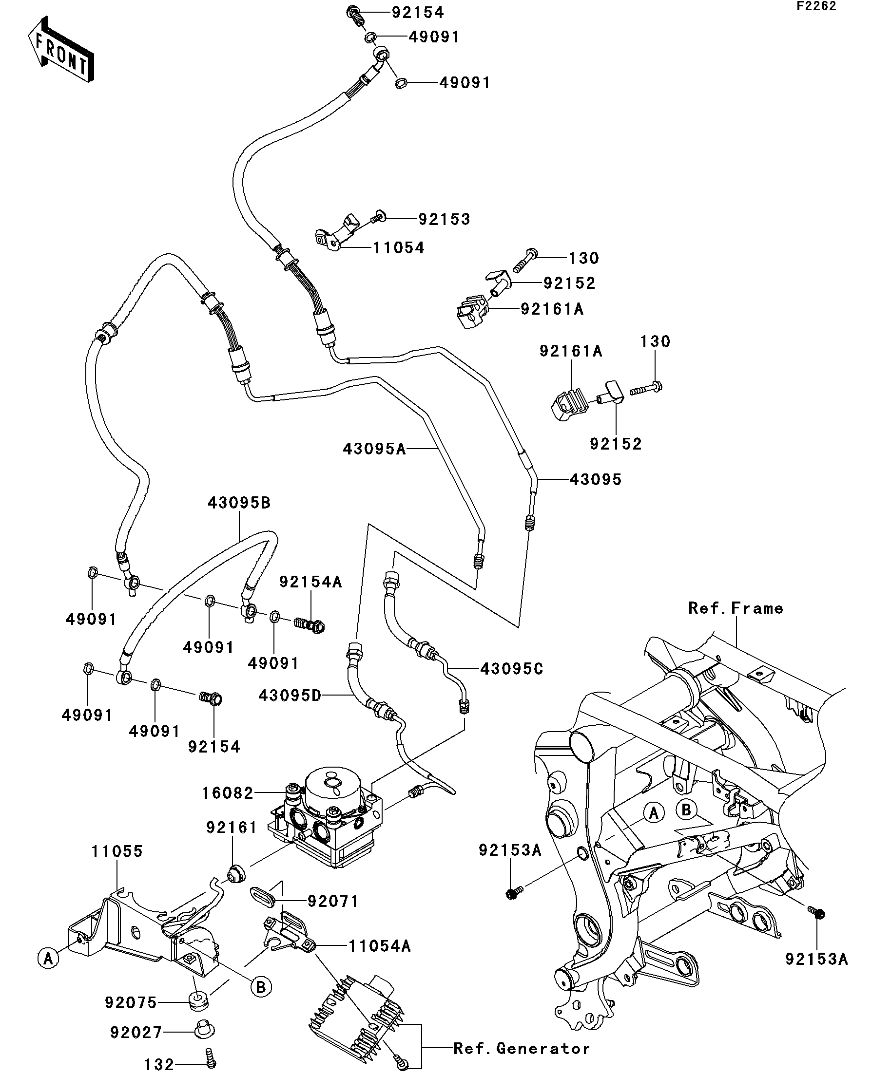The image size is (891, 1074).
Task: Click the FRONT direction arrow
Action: tap(60, 50)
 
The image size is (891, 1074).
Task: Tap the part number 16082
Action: tap(228, 793)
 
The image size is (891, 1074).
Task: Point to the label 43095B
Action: tap(239, 503)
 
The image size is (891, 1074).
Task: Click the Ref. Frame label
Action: tap(736, 608)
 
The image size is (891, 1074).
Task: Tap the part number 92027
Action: tap(136, 1033)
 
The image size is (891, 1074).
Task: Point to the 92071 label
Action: tap(332, 901)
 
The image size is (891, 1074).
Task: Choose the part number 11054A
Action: tap(380, 946)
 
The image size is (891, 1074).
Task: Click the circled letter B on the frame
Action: tap(686, 810)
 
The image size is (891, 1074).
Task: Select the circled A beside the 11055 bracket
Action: tap(48, 958)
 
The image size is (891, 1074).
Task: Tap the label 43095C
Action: tap(512, 669)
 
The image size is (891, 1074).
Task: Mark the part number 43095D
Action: tap(290, 696)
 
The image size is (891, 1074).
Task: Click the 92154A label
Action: tap(310, 582)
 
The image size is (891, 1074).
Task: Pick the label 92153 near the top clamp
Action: tap(444, 219)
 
